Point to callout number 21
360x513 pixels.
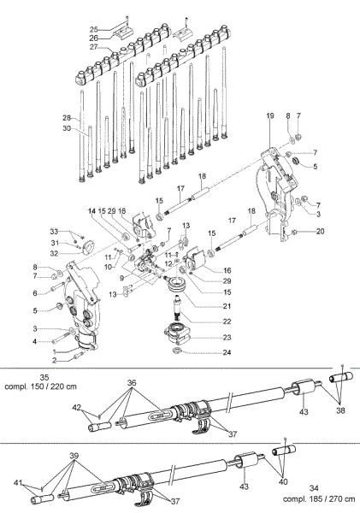click(202, 305)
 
